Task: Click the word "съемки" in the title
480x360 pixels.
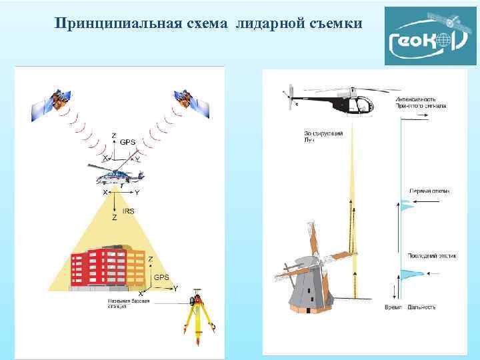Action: tap(336, 24)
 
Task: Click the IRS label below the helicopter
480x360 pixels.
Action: tap(129, 211)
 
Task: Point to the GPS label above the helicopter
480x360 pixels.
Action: tap(127, 142)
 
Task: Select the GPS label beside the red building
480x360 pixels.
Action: tap(161, 276)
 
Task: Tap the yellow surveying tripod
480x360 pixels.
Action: tap(198, 320)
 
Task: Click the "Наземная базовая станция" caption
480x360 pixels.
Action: tap(127, 304)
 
